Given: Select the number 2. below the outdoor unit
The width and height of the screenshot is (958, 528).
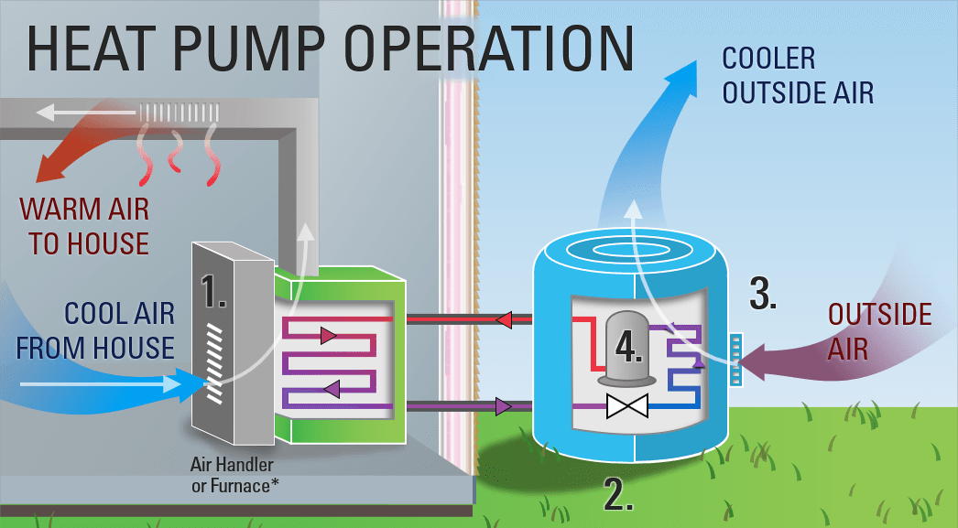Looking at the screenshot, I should tap(619, 493).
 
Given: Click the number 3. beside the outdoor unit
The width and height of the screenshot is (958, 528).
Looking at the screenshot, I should tap(764, 293).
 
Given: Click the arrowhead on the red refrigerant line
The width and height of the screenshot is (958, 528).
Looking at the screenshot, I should tap(502, 319).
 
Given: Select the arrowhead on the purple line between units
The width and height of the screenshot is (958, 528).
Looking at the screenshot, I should tap(502, 405).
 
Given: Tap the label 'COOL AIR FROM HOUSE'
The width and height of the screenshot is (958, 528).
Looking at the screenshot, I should tap(95, 330).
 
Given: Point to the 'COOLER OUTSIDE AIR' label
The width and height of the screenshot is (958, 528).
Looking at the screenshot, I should tap(797, 75).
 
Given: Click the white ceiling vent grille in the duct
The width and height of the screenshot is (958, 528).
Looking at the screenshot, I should tap(179, 113).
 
